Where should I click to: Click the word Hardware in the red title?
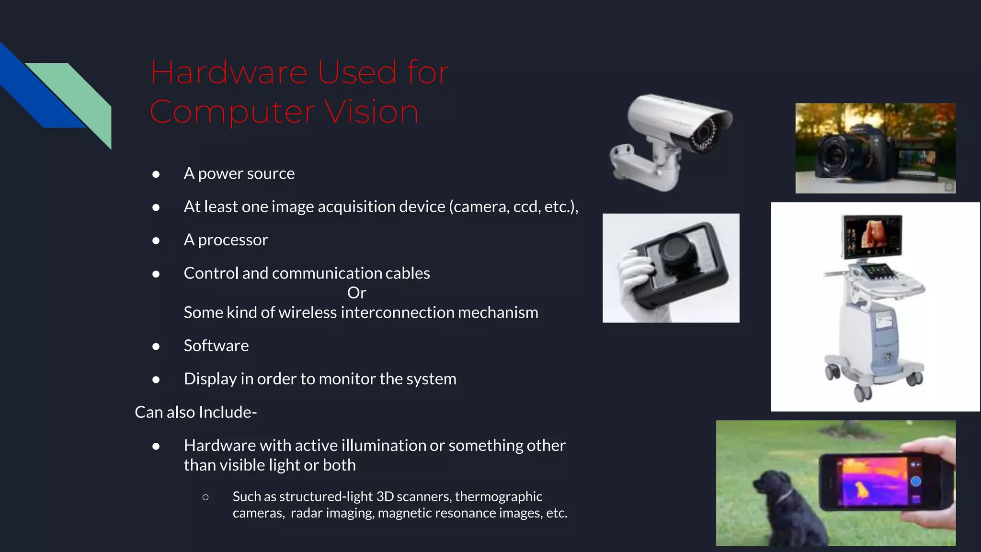[x=229, y=73]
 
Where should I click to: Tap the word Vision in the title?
[x=371, y=112]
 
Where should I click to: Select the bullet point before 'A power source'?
[x=156, y=174]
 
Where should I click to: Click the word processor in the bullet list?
[x=233, y=240]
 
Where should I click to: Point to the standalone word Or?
[x=356, y=293]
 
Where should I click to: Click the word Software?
[x=216, y=345]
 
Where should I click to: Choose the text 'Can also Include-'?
[x=195, y=412]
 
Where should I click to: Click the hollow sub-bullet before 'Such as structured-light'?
[x=205, y=497]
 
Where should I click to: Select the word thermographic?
[x=498, y=496]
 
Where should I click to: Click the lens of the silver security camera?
[x=703, y=134]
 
